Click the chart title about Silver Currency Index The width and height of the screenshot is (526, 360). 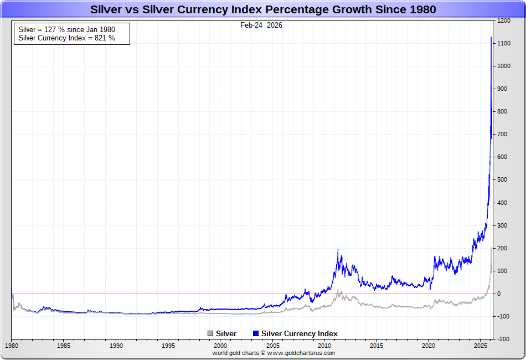click(263, 9)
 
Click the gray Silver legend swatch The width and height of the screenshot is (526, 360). click(210, 333)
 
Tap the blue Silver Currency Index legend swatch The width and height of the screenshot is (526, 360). click(255, 333)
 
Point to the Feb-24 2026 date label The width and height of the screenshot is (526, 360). click(261, 25)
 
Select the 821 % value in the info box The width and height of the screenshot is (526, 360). click(105, 38)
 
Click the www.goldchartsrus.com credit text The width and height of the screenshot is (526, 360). click(301, 353)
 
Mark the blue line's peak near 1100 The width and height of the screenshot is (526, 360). click(492, 38)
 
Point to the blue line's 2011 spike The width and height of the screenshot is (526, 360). click(338, 250)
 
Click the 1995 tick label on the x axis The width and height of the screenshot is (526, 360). click(169, 346)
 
